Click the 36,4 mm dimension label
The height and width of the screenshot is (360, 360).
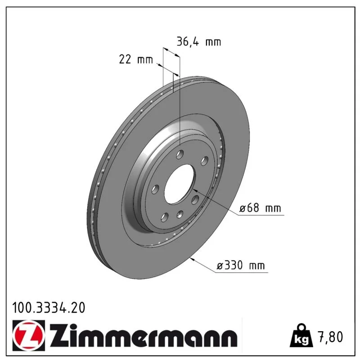pyautogui.click(x=199, y=42)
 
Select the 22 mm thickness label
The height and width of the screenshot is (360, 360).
pyautogui.click(x=136, y=59)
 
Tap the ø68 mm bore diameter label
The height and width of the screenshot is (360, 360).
pyautogui.click(x=260, y=208)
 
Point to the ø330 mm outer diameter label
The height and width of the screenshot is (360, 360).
pyautogui.click(x=241, y=265)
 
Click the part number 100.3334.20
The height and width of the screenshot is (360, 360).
pyautogui.click(x=49, y=308)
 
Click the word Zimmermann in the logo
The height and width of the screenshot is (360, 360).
pyautogui.click(x=143, y=336)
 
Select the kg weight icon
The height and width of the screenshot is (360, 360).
pyautogui.click(x=301, y=335)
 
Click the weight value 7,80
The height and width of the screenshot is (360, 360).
pyautogui.click(x=330, y=337)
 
